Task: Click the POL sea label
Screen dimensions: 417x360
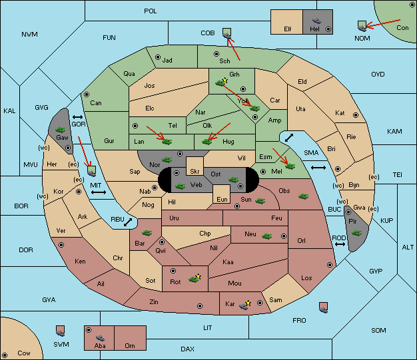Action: point(151,11)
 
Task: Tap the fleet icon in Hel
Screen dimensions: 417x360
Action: point(316,21)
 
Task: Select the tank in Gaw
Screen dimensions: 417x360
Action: point(61,130)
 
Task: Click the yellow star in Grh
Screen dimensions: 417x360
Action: point(225,80)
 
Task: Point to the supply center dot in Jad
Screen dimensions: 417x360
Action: point(158,57)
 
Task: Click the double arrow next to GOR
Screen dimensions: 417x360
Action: point(78,117)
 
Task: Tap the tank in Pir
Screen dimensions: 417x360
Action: point(356,233)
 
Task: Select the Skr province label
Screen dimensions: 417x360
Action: point(195,172)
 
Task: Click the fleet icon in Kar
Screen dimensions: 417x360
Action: point(243,306)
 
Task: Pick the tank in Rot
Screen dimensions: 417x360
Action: point(194,279)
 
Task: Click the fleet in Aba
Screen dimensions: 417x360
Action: point(100,338)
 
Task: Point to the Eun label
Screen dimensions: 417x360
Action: point(222,199)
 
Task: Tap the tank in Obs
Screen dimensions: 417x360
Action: point(304,196)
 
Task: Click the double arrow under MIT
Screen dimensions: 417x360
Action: point(99,192)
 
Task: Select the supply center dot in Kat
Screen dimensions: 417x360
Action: point(356,115)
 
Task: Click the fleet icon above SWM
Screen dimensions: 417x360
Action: point(61,331)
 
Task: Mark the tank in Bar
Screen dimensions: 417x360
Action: point(147,233)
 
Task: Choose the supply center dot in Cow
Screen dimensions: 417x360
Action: point(5,355)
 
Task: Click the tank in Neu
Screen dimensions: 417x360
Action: point(266,236)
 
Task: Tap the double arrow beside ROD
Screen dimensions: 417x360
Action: point(340,244)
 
